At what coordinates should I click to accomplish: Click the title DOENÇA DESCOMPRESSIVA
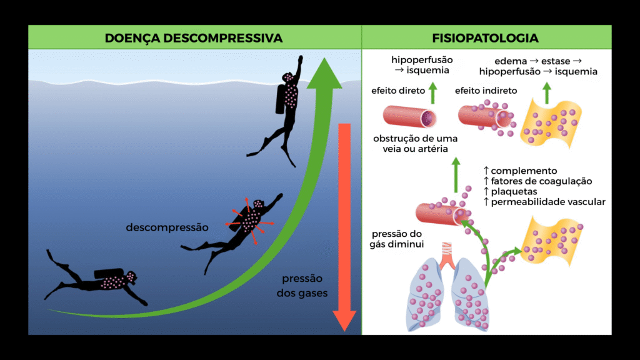click(194, 38)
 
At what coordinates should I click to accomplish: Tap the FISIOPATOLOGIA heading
click(485, 38)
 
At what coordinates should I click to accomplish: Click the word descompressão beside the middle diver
click(166, 227)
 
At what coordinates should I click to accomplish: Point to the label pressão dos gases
click(302, 286)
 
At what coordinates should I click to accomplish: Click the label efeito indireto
click(481, 91)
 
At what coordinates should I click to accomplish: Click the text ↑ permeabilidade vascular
click(544, 202)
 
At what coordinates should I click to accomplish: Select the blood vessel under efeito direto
click(409, 117)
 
